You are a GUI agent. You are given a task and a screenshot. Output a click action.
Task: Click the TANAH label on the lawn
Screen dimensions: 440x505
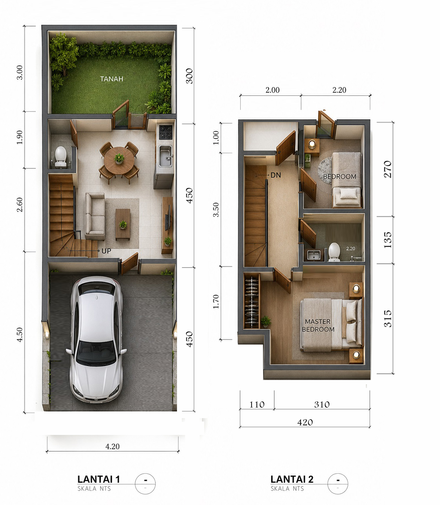coord(111,79)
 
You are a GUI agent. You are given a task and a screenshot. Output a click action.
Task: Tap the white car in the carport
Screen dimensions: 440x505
coord(96,340)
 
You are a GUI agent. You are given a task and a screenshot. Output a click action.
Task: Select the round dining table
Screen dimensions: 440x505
coord(119,161)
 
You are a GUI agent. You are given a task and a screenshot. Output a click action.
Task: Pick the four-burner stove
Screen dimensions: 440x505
coord(165,132)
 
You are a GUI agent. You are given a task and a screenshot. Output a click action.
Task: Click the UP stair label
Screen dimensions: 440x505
coord(106,251)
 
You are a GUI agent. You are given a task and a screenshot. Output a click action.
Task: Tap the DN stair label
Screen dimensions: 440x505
coord(276,175)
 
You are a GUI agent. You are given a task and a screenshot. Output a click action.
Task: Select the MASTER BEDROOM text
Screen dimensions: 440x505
coord(318,325)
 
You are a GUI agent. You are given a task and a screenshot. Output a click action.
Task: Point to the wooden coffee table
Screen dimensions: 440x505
coord(123,224)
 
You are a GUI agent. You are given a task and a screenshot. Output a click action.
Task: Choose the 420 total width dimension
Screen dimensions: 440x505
coord(305,422)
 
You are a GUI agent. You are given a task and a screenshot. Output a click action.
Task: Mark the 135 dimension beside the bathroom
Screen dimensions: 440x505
coord(388,240)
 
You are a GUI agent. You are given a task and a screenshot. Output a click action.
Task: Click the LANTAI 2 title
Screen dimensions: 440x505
coord(292,479)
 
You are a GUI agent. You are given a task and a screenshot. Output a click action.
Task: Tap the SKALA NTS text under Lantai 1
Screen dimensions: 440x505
coord(94,489)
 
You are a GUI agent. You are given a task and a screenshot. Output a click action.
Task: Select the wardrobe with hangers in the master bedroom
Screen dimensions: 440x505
coord(251,301)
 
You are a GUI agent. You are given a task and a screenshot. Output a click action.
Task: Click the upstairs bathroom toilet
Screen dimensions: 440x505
coord(334,252)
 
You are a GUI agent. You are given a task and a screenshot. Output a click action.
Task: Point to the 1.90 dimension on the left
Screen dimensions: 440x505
coord(19,137)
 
